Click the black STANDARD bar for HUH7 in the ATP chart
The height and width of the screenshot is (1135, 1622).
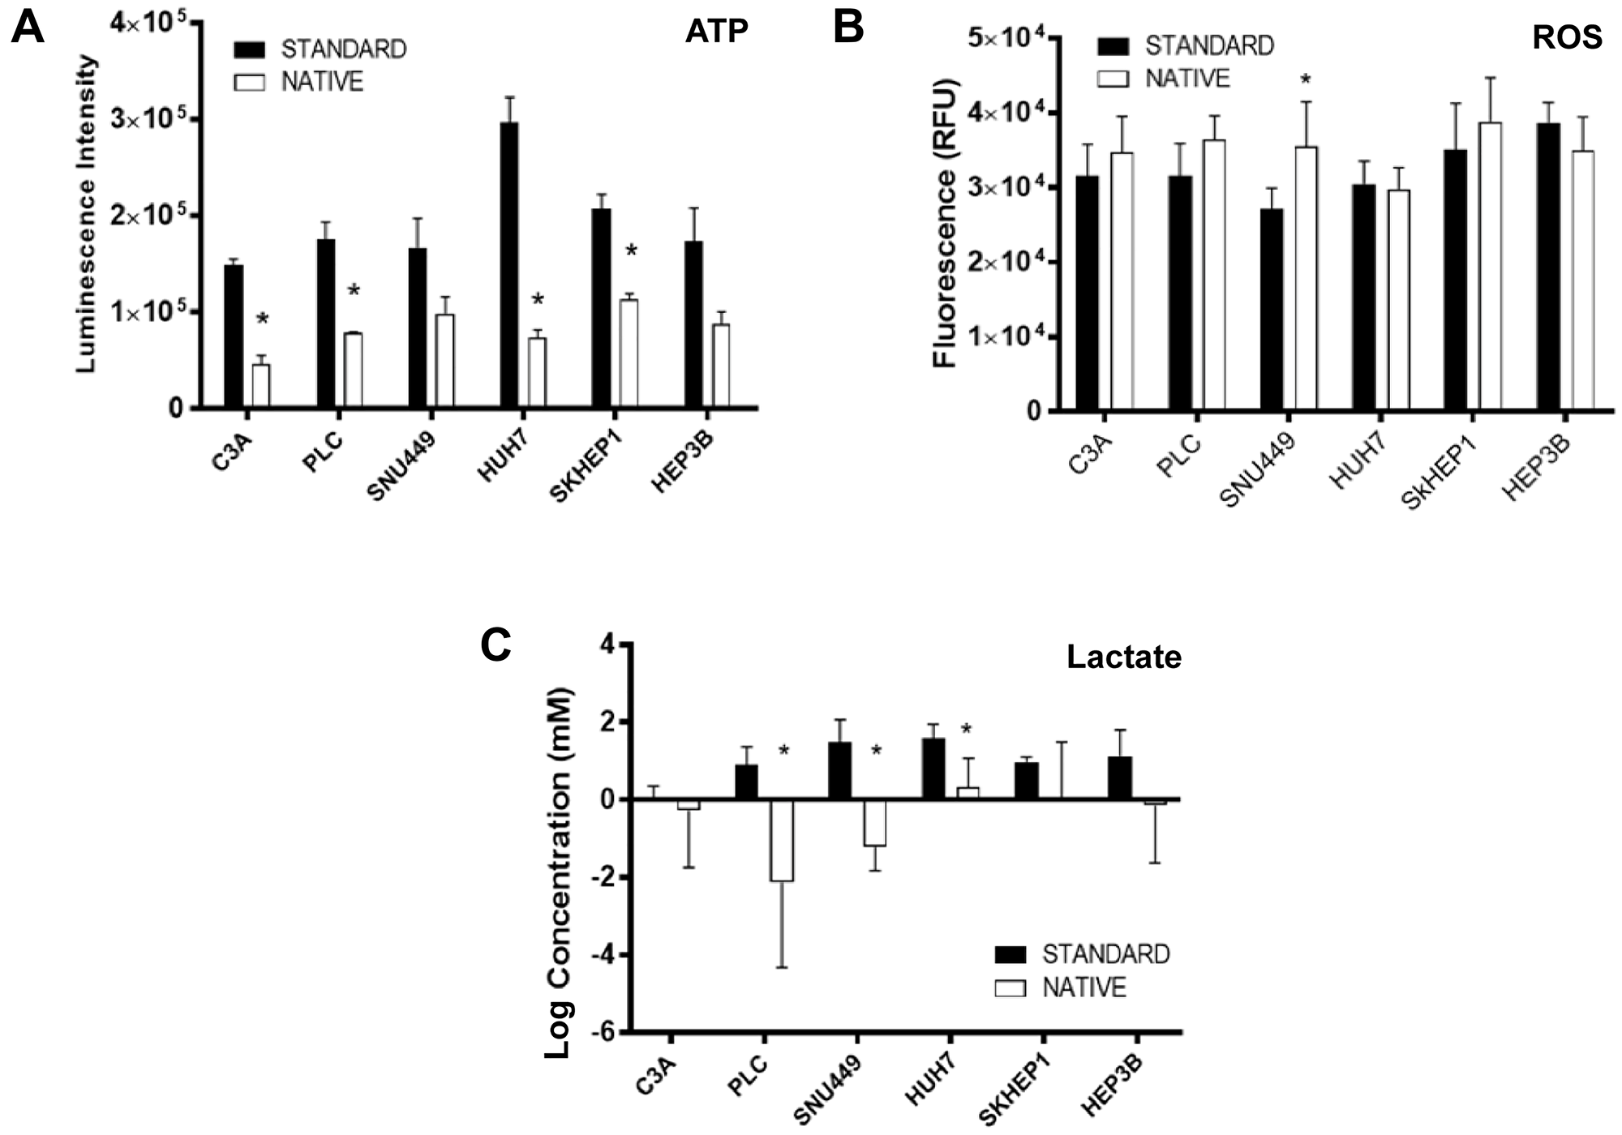coord(509,264)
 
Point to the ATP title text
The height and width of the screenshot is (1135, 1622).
coord(716,31)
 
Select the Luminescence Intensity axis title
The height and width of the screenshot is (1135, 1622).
coord(87,215)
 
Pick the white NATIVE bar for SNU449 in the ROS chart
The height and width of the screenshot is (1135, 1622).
coord(1305,279)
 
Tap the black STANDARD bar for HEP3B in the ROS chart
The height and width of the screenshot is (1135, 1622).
coord(1547,267)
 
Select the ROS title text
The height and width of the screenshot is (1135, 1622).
coord(1567,37)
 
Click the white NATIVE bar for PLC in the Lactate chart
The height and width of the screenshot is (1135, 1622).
coord(782,840)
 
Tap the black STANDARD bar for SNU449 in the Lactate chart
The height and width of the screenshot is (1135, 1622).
coord(839,770)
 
